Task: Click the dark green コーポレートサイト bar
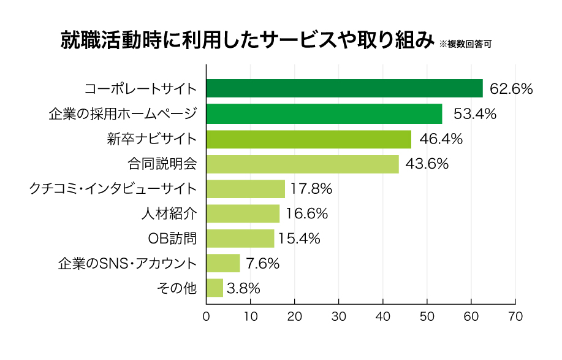tap(344, 88)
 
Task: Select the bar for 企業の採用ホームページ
tap(324, 113)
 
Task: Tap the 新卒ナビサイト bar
tap(308, 139)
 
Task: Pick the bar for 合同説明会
tap(302, 164)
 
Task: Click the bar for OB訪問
tap(240, 238)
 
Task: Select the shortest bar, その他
tap(215, 288)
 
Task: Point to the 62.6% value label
tap(512, 89)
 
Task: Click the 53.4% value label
tap(475, 114)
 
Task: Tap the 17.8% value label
tap(311, 189)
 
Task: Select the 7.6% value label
tap(262, 264)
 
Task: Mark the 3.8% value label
tap(244, 288)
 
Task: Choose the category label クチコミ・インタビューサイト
tap(113, 189)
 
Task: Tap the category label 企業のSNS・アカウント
tap(127, 264)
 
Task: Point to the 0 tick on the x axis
tap(206, 316)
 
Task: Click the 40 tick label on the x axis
tap(383, 316)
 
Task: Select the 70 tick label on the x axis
tap(515, 316)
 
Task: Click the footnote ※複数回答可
tap(465, 44)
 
